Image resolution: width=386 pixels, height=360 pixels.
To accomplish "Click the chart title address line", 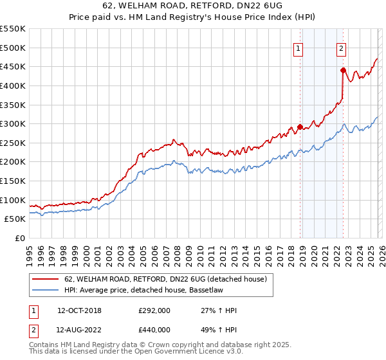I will click(192, 6).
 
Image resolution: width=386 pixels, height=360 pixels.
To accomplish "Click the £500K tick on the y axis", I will click(13, 48).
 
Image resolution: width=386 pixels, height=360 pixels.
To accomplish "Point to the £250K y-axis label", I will click(13, 143).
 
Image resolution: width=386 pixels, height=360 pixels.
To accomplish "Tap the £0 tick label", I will click(21, 238).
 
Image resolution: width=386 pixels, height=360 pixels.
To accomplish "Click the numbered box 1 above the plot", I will click(299, 48).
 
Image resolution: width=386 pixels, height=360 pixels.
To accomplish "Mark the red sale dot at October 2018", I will click(300, 127).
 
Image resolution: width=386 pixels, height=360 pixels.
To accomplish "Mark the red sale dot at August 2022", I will click(343, 70).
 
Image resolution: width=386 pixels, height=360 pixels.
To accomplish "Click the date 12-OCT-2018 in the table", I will click(79, 310).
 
